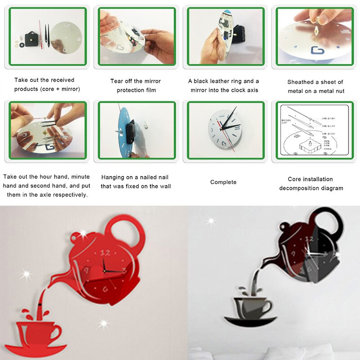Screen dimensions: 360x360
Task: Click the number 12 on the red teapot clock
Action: click(106, 252)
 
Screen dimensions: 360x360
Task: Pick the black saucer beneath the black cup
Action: click(250, 321)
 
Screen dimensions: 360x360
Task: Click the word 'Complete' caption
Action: click(223, 182)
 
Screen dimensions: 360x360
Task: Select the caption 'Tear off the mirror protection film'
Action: click(135, 85)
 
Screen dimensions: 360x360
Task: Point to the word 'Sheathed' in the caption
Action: click(300, 82)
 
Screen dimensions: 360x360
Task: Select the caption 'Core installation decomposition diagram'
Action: click(311, 184)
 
